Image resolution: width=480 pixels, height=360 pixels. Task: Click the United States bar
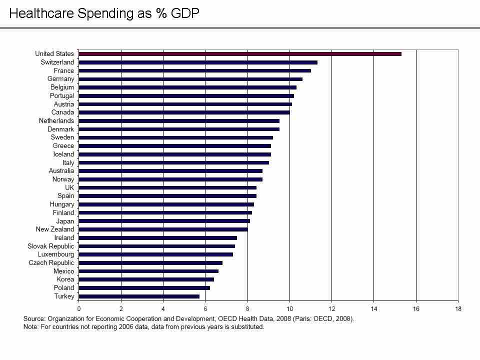click(240, 53)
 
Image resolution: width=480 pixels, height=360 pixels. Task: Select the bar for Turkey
click(139, 296)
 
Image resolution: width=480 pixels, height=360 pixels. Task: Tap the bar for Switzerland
click(198, 62)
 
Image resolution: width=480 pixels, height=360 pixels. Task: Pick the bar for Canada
click(184, 112)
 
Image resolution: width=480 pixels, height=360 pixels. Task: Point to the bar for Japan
click(164, 221)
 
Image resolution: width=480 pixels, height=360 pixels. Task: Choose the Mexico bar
click(148, 271)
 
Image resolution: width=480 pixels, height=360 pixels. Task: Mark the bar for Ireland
click(158, 238)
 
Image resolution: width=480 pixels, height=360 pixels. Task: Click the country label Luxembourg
click(55, 254)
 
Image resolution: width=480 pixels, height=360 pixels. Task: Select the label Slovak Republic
click(50, 246)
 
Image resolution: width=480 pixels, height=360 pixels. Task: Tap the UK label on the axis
click(69, 187)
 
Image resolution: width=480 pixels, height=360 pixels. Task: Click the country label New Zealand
click(54, 229)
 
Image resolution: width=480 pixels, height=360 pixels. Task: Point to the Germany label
click(60, 79)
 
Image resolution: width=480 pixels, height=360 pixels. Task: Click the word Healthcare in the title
click(40, 13)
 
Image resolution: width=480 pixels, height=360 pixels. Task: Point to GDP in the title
click(185, 13)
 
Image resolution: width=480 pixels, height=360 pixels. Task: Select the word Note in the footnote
click(31, 327)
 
